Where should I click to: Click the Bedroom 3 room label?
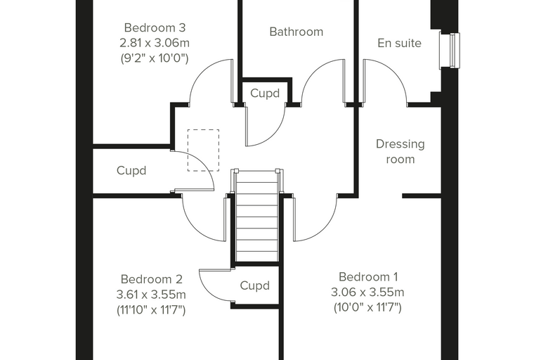155,27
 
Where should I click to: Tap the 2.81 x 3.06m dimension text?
155,43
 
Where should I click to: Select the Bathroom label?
297,32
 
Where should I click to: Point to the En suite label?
400,43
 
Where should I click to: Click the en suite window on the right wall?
450,50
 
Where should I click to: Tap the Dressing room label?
400,152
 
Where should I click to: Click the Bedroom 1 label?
368,277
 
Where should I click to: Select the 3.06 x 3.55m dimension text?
367,292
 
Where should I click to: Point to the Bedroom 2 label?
152,279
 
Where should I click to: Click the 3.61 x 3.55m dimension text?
151,294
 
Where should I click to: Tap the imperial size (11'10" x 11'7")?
151,310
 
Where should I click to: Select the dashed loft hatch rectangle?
203,150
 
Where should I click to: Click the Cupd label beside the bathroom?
265,93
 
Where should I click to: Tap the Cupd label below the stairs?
255,285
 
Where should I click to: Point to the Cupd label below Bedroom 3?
131,170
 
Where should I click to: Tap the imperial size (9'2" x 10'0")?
155,58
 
